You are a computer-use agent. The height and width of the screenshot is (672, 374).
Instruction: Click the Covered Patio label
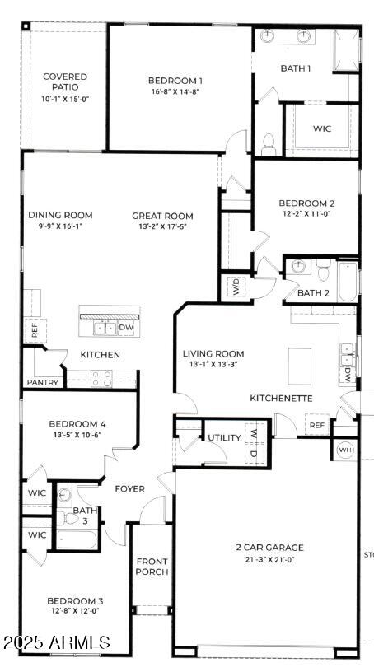click(65, 82)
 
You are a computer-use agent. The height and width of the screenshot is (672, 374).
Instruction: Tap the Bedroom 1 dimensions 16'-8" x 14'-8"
click(175, 91)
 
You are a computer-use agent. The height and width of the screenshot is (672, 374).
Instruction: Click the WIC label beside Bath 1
click(322, 129)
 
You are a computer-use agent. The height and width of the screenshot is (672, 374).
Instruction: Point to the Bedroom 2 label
click(306, 203)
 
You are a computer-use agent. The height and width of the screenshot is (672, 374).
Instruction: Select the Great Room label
click(162, 216)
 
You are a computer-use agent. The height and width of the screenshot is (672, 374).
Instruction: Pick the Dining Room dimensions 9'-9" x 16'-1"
click(60, 226)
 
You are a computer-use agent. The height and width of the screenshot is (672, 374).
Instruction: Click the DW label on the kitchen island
click(126, 327)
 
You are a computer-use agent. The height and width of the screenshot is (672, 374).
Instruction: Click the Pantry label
click(41, 382)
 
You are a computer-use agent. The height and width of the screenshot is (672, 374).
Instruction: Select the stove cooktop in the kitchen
click(101, 378)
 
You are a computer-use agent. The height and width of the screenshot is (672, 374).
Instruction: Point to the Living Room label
click(213, 354)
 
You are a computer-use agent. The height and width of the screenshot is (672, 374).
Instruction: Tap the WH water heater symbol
click(345, 450)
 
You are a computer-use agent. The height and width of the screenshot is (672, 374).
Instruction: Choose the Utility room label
click(224, 437)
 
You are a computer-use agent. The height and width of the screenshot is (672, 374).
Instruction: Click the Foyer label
click(129, 488)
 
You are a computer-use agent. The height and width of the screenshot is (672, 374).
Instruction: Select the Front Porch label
click(152, 567)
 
